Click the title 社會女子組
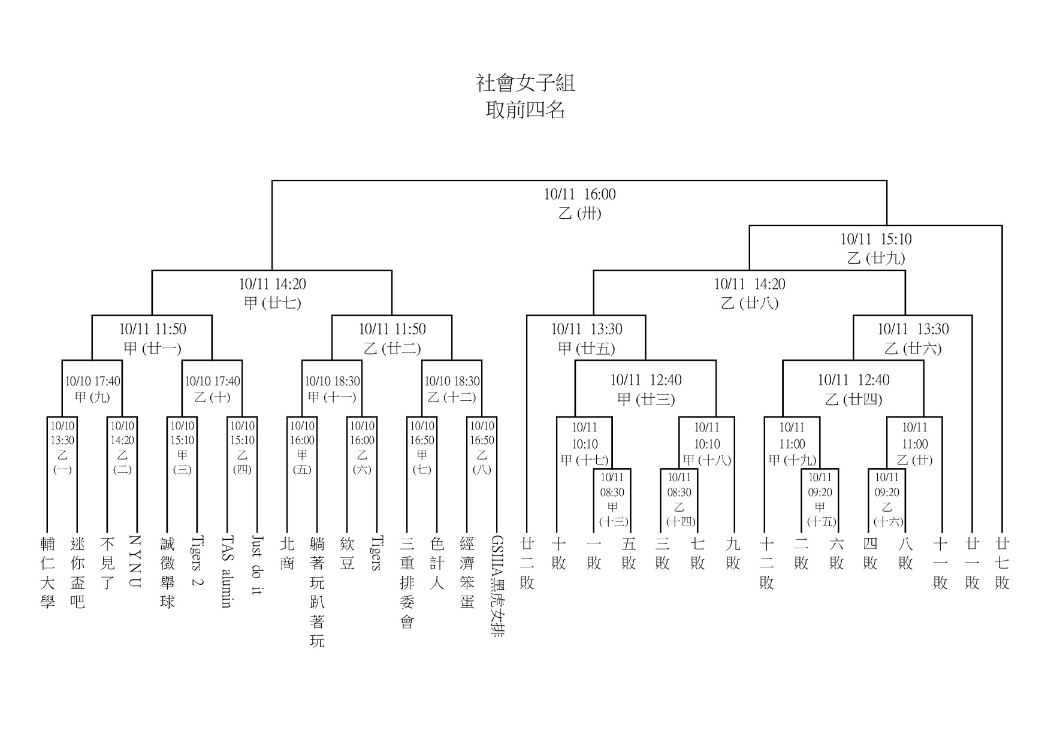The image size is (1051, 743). [x=525, y=83]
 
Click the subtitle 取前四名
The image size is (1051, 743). [x=525, y=110]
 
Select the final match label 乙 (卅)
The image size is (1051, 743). [x=579, y=213]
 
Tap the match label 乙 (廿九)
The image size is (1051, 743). [x=875, y=258]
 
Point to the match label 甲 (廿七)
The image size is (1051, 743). [x=272, y=303]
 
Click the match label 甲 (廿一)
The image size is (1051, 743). [x=152, y=348]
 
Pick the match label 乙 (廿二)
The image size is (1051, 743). [x=392, y=348]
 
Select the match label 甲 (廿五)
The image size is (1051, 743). [x=587, y=348]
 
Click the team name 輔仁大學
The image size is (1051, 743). [x=47, y=572]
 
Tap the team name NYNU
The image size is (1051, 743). [x=135, y=561]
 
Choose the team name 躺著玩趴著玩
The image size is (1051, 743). [x=317, y=592]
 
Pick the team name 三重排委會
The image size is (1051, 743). [x=407, y=582]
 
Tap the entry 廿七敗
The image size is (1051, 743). [x=1002, y=563]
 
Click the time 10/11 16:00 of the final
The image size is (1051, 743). [x=579, y=194]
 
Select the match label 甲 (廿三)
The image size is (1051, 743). [x=646, y=399]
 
